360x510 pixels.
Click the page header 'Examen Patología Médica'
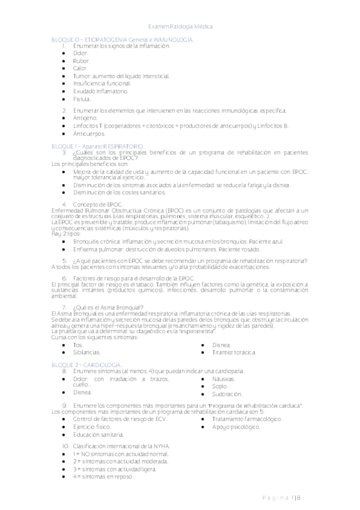[180, 26]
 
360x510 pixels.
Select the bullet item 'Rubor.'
[82, 61]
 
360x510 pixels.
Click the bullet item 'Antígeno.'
[85, 118]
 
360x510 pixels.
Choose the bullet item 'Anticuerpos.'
[88, 134]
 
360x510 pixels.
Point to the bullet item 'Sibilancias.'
[87, 352]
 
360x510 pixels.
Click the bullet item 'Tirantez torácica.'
[234, 352]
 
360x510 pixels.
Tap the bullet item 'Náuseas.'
[224, 379]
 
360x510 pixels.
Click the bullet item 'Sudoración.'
[227, 395]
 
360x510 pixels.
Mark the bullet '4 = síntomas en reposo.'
[103, 476]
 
